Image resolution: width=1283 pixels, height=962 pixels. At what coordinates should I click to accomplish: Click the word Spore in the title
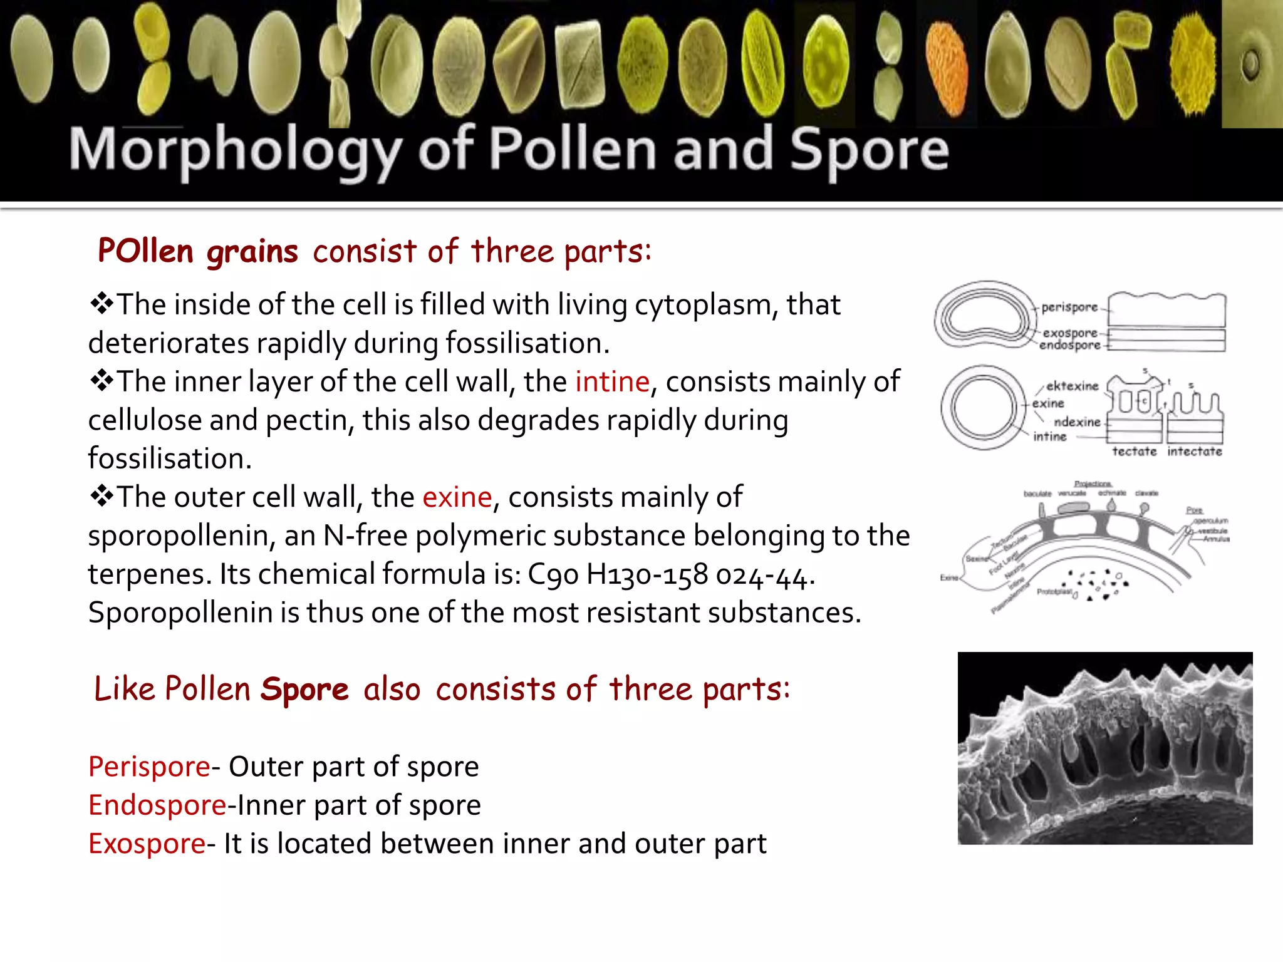(869, 150)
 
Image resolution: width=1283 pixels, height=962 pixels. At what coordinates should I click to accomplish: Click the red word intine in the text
(612, 382)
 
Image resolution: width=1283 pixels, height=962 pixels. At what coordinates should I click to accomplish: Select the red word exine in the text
(457, 497)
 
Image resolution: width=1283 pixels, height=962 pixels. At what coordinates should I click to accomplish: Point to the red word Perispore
(149, 767)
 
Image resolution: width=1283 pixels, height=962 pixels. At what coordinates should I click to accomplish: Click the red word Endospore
(157, 805)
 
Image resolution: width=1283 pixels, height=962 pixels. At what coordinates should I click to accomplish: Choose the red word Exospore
(147, 844)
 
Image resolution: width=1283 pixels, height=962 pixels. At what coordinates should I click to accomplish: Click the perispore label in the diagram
(1069, 308)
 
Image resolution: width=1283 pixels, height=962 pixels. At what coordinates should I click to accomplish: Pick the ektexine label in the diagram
(1072, 386)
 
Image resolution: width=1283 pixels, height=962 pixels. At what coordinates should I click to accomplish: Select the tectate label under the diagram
(1134, 452)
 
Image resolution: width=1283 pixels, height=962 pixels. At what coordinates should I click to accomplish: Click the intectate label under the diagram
(1194, 452)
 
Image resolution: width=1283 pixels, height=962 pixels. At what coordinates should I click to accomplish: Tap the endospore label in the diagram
(1069, 345)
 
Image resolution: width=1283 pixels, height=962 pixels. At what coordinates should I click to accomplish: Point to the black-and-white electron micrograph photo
(1104, 748)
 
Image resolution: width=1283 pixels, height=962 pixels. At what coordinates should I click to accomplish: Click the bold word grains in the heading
(252, 252)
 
